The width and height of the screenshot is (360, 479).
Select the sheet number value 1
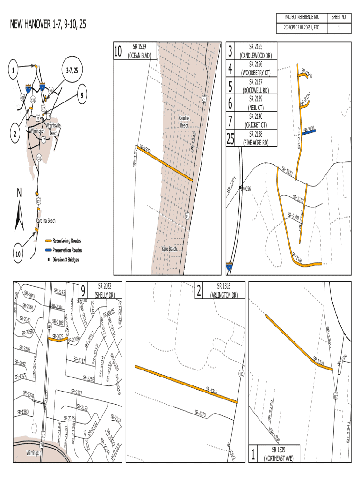[339, 28]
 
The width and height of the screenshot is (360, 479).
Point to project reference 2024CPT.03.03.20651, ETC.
[302, 28]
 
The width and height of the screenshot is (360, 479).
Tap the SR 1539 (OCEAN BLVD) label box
[139, 51]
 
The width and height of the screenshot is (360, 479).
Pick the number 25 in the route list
[230, 138]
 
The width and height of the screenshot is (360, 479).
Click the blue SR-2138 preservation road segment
[309, 132]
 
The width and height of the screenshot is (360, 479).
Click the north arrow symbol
[20, 214]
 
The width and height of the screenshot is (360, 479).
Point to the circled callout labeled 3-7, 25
[72, 71]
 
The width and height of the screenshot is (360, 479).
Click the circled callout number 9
[81, 96]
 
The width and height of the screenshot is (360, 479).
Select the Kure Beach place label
[169, 249]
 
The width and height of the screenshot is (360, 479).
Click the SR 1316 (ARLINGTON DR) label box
[224, 290]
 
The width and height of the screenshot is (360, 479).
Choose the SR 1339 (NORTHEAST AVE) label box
[279, 454]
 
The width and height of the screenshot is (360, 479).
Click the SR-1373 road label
[200, 413]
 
